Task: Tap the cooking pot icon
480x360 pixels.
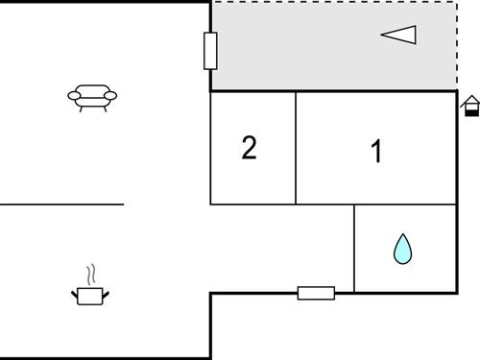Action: point(90,295)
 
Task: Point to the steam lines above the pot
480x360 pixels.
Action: point(91,273)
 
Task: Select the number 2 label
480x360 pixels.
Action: point(249,148)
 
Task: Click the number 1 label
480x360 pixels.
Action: point(376,151)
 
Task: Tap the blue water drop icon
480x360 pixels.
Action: point(402,250)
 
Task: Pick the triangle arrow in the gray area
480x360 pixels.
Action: point(398,35)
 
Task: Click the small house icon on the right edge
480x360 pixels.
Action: point(469,105)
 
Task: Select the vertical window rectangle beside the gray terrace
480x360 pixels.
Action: point(210,51)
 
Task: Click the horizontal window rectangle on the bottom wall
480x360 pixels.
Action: point(316,293)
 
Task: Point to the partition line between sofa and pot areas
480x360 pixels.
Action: point(62,204)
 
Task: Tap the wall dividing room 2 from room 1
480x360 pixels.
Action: point(296,148)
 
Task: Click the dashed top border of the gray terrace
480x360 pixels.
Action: point(336,2)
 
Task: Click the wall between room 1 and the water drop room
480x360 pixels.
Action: point(404,204)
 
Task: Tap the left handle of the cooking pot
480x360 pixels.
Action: point(76,290)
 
